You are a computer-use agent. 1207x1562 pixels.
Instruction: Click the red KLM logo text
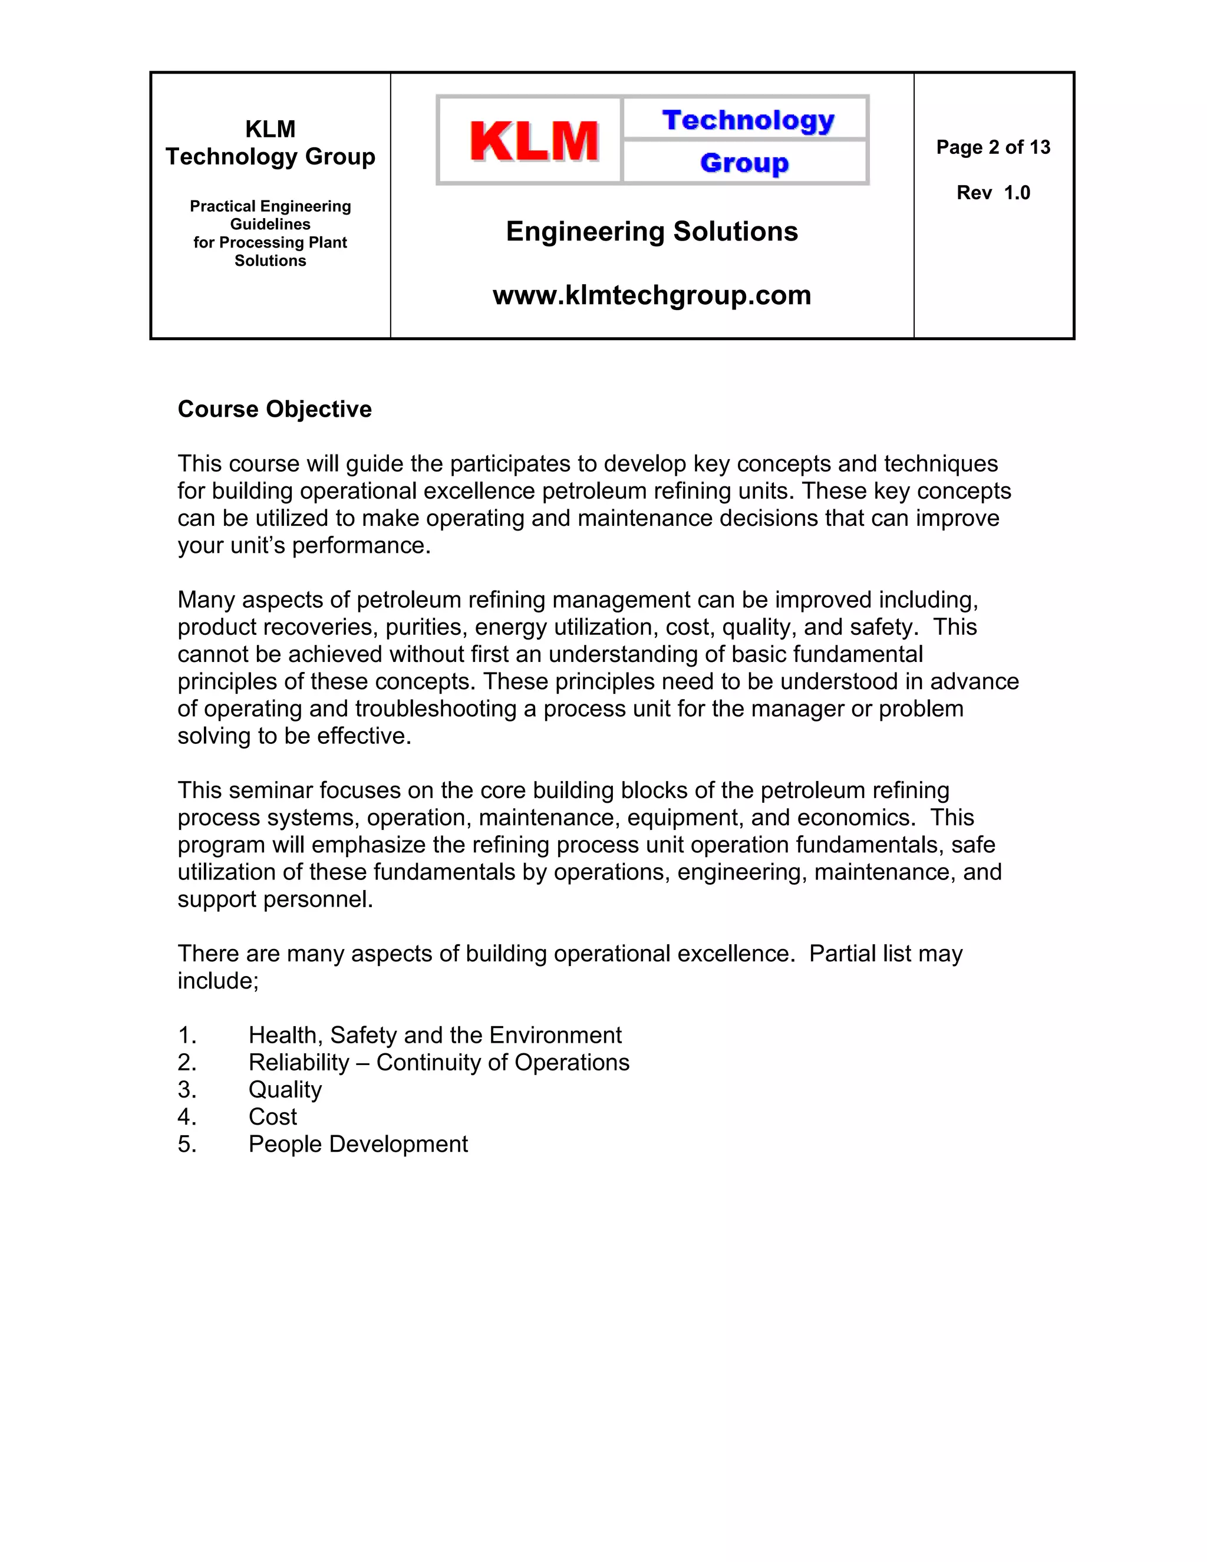[x=533, y=141]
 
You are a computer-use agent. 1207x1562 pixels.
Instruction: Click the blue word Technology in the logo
[x=748, y=120]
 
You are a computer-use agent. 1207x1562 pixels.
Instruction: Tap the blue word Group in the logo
[x=744, y=163]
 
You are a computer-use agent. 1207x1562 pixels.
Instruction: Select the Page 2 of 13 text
[x=993, y=147]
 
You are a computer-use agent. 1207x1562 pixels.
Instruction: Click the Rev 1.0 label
[x=993, y=193]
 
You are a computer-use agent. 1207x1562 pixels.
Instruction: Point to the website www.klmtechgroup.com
[x=651, y=295]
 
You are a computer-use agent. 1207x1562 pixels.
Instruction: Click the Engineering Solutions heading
[x=651, y=232]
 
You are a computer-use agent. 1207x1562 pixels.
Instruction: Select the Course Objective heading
[x=275, y=409]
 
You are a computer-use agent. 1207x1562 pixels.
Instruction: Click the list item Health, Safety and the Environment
[x=435, y=1035]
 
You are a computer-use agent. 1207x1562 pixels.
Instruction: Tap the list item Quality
[x=285, y=1089]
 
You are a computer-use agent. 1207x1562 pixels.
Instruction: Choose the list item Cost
[x=272, y=1116]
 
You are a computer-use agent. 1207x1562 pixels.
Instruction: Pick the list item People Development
[x=358, y=1144]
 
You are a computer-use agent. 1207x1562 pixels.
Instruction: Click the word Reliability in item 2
[x=298, y=1062]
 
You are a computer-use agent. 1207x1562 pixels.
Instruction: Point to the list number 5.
[x=187, y=1144]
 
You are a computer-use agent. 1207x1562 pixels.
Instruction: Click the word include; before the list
[x=217, y=981]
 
